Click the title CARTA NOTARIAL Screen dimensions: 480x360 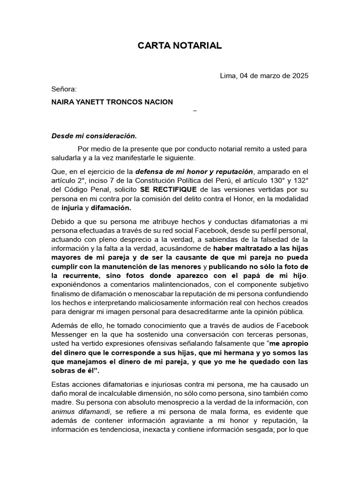pyautogui.click(x=180, y=45)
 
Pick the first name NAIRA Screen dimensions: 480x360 pyautogui.click(x=62, y=102)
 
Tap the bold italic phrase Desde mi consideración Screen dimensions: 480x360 pyautogui.click(x=94, y=136)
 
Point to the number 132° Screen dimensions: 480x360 pyautogui.click(x=300, y=180)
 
